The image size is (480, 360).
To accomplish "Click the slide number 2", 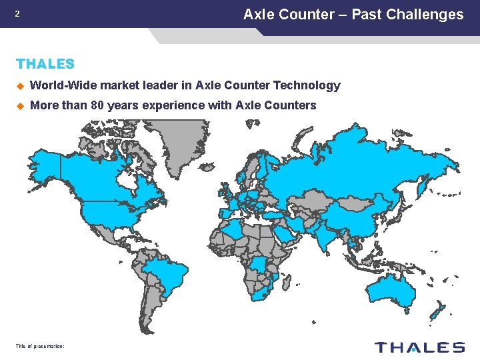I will click(x=17, y=14).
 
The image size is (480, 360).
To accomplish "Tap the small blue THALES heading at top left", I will click(x=45, y=64).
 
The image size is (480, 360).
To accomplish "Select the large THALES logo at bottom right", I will click(x=419, y=347).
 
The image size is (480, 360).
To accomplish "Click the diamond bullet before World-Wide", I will click(x=20, y=85).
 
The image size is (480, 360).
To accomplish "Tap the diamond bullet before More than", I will click(x=20, y=105).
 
